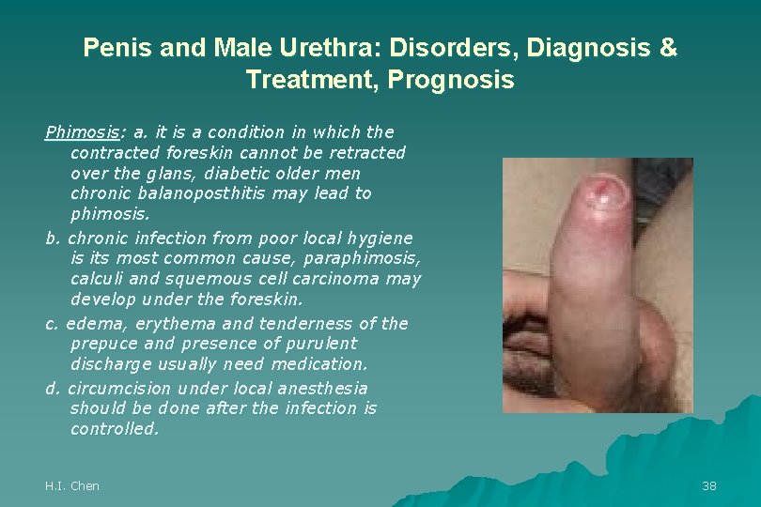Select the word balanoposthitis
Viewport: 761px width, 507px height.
250,193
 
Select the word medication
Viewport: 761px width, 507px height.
321,364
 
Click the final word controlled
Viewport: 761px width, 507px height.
115,429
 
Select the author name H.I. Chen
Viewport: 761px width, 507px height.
72,485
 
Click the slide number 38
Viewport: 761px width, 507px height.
709,485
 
